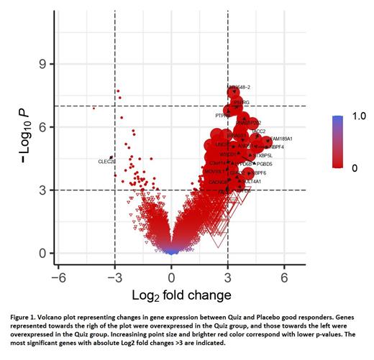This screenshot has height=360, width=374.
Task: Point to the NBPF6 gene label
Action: pyautogui.click(x=257, y=173)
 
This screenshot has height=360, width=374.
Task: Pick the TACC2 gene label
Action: pyautogui.click(x=257, y=131)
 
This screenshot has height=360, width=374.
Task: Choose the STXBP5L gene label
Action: pyautogui.click(x=263, y=155)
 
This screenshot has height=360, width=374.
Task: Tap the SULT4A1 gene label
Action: pyautogui.click(x=250, y=182)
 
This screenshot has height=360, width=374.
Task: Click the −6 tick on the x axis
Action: pyautogui.click(x=59, y=277)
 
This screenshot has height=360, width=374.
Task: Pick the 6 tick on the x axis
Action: pyautogui.click(x=284, y=277)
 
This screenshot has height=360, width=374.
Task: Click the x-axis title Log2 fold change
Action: pyautogui.click(x=171, y=295)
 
